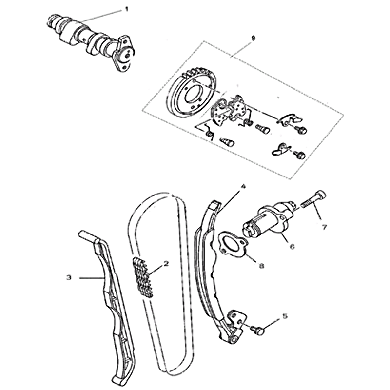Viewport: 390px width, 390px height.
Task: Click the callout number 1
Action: pos(126,9)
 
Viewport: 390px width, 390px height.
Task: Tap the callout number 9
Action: pos(253,39)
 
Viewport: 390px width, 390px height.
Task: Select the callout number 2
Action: pos(166,264)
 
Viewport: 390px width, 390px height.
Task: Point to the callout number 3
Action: pos(69,277)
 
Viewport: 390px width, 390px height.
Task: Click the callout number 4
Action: pos(243,186)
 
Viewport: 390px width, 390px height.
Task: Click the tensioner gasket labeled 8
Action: pos(233,244)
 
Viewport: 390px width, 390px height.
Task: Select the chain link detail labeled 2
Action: pos(143,277)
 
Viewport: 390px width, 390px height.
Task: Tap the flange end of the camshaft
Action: pos(124,54)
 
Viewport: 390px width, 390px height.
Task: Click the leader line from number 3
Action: pos(92,277)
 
